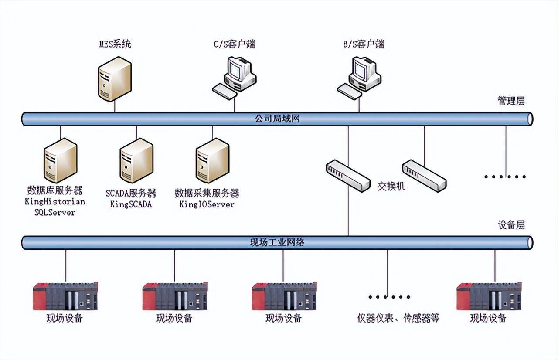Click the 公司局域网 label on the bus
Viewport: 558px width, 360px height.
277,119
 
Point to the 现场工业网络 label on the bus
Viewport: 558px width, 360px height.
277,242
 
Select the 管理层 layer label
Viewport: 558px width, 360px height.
511,101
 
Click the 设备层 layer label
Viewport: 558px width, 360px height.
511,225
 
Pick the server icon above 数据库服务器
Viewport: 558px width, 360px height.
61,160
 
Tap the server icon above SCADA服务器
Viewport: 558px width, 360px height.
136,160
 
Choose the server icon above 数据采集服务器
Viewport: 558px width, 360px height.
212,160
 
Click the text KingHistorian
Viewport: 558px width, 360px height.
55,202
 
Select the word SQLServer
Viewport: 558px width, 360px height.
55,213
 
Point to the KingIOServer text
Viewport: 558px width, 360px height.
207,204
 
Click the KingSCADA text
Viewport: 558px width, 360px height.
131,204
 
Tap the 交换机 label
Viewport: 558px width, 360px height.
391,187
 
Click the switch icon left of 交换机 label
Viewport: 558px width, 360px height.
348,175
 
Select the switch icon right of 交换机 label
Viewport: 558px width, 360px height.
424,175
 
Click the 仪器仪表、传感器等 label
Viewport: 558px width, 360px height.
398,318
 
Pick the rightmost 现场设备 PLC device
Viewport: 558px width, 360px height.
489,296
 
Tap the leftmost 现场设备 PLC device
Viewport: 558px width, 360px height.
65,296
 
